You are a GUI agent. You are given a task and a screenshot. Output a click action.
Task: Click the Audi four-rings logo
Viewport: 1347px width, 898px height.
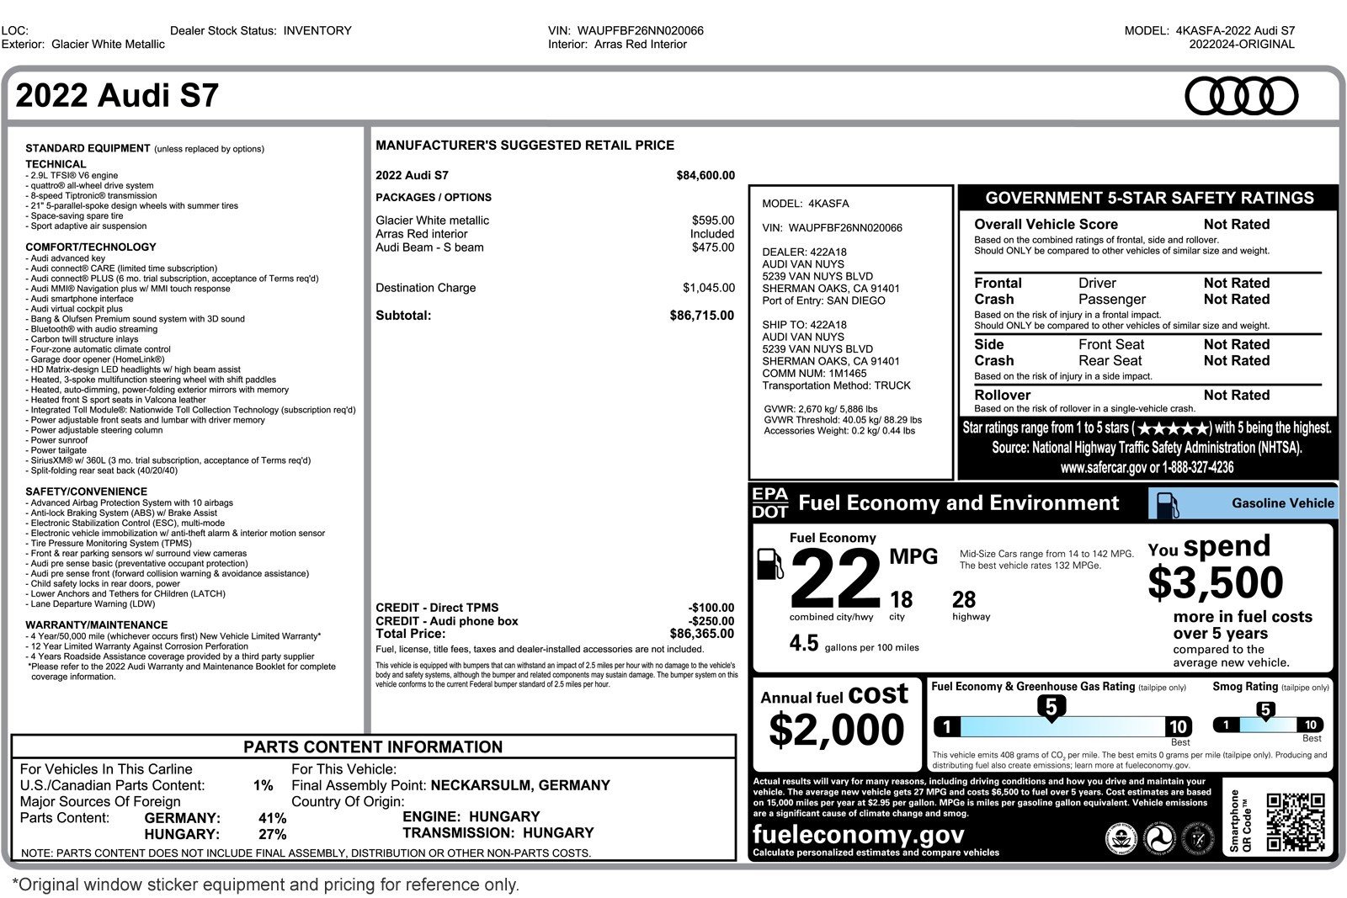point(1241,95)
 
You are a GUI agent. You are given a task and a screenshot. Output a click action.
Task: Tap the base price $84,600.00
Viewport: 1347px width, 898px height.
point(705,176)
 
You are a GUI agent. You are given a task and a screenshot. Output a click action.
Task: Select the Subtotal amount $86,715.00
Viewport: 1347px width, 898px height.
point(701,316)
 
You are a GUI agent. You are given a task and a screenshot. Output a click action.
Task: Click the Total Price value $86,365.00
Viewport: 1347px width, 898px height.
point(701,634)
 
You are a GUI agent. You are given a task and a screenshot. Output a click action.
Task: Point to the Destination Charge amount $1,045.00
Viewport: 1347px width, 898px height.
point(708,288)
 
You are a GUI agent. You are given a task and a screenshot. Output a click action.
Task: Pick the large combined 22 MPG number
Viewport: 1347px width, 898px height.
point(834,578)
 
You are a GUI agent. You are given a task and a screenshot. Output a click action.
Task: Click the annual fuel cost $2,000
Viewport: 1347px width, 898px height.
point(836,730)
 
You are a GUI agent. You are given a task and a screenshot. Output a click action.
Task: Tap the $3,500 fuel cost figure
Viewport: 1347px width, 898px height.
point(1215,582)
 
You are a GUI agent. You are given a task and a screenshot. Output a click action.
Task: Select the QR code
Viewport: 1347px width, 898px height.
point(1295,822)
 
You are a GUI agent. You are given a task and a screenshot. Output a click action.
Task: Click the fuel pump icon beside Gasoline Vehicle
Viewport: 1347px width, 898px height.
point(1168,504)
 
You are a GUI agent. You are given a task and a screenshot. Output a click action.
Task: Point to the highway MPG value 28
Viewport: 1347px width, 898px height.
point(964,600)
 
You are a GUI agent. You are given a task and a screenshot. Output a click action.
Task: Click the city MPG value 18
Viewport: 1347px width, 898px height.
point(901,600)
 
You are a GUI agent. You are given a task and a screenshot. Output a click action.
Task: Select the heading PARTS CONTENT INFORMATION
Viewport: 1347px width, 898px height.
point(373,747)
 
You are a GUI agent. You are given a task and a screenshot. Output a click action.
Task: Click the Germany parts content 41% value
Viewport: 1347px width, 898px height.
point(272,818)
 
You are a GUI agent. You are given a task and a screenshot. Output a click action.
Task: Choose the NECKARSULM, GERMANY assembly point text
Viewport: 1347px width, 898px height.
point(520,785)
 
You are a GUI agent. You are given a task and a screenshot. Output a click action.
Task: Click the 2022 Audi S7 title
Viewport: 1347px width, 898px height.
point(117,96)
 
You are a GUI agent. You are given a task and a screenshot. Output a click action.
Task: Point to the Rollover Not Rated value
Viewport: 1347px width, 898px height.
point(1236,395)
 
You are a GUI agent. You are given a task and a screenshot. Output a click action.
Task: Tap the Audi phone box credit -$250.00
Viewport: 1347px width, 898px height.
point(711,621)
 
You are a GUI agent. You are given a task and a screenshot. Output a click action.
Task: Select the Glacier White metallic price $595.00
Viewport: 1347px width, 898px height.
point(712,221)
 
